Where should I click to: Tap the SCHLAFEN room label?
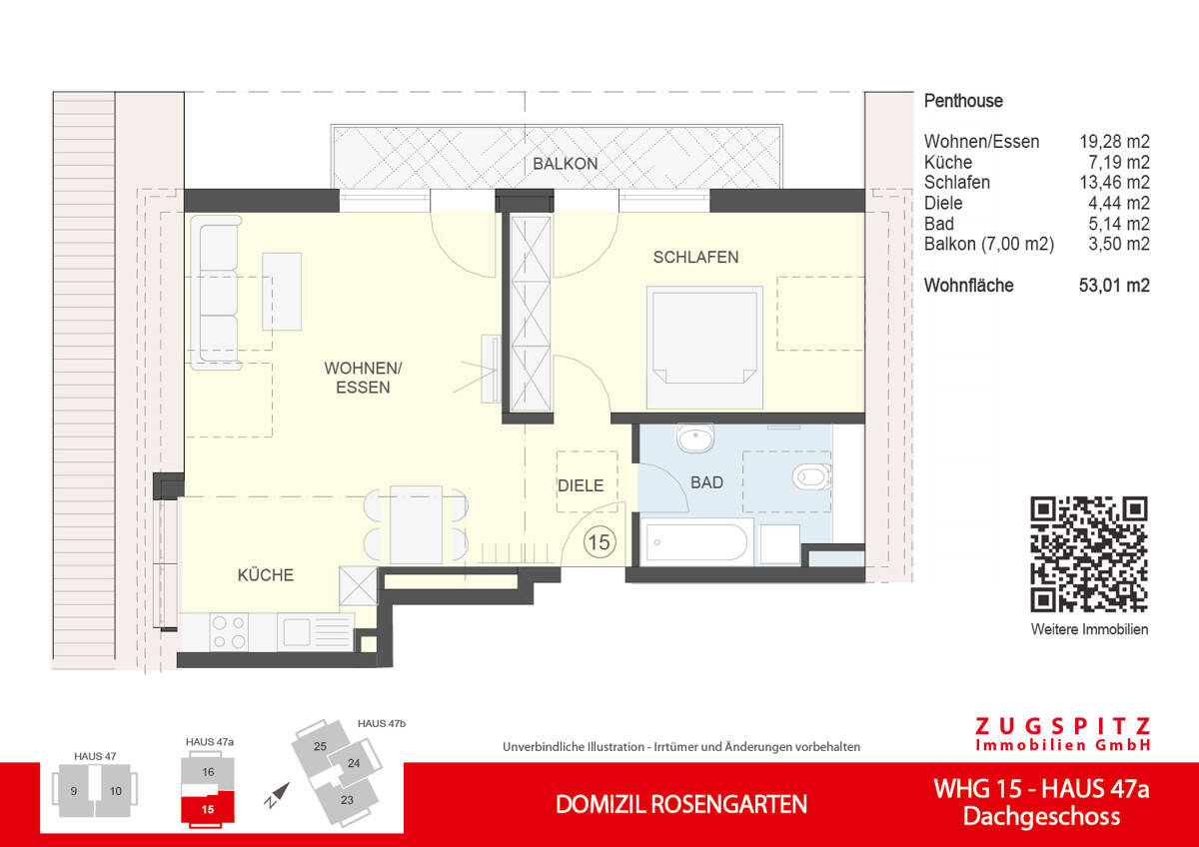tap(695, 258)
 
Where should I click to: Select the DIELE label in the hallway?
tap(581, 485)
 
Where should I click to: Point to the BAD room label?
tap(706, 482)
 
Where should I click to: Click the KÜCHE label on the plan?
tap(266, 575)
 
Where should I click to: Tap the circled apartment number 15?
tap(599, 543)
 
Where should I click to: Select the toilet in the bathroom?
tap(810, 477)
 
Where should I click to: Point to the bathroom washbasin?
tap(692, 438)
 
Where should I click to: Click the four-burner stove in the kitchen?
tap(230, 632)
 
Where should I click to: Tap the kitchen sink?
tap(298, 632)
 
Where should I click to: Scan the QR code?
tap(1089, 554)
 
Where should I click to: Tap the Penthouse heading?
tap(963, 101)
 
